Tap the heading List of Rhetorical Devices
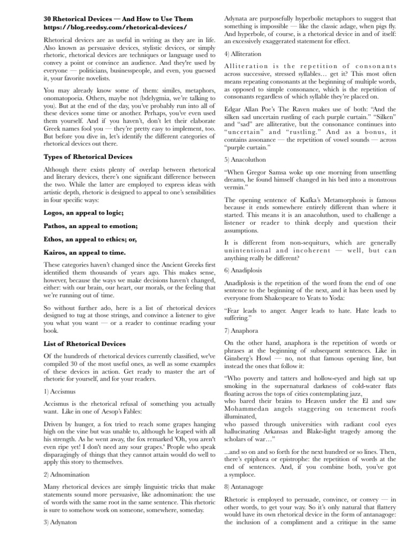[x=84, y=344]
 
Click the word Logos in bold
[x=54, y=212]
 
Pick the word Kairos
[x=55, y=252]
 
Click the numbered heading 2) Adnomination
[x=66, y=474]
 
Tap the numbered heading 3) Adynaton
[x=60, y=523]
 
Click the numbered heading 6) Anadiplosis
[x=244, y=271]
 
